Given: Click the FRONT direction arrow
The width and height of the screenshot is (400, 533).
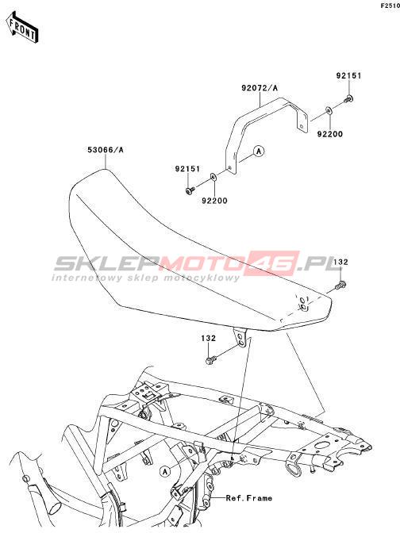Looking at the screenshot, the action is (x=22, y=27).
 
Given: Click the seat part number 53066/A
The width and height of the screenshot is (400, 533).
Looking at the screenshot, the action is (x=106, y=150).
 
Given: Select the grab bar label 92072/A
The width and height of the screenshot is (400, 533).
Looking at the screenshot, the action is (x=260, y=88).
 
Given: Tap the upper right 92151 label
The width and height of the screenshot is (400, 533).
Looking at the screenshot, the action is (x=348, y=75).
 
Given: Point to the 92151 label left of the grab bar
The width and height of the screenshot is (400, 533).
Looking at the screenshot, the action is (x=188, y=169).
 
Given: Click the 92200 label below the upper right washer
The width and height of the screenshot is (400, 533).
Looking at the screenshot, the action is (x=330, y=134).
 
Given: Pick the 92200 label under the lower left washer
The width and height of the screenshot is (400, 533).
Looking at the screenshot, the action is (x=214, y=201).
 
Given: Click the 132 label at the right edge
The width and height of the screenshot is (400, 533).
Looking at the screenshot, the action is (x=340, y=262).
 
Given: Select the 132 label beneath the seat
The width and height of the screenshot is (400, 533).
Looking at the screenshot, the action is (x=208, y=338).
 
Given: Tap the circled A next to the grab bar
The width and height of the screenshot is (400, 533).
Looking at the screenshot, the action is (x=260, y=151).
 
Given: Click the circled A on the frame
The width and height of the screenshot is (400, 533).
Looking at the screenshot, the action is (x=165, y=471).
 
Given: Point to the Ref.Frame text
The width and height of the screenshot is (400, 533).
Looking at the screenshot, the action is (x=249, y=498).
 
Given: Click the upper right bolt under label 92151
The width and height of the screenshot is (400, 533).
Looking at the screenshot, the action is (x=348, y=99).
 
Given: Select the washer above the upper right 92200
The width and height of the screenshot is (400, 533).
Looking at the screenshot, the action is (x=329, y=110).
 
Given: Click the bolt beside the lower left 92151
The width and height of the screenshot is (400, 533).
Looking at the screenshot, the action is (x=190, y=190).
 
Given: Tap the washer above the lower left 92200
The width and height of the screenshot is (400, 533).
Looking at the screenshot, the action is (x=213, y=177).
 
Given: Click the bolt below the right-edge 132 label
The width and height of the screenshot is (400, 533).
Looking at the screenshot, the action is (x=340, y=285).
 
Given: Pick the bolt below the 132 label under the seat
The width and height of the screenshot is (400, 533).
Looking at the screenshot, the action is (x=210, y=360).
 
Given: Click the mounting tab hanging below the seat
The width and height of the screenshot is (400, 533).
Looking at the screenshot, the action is (x=240, y=338).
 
